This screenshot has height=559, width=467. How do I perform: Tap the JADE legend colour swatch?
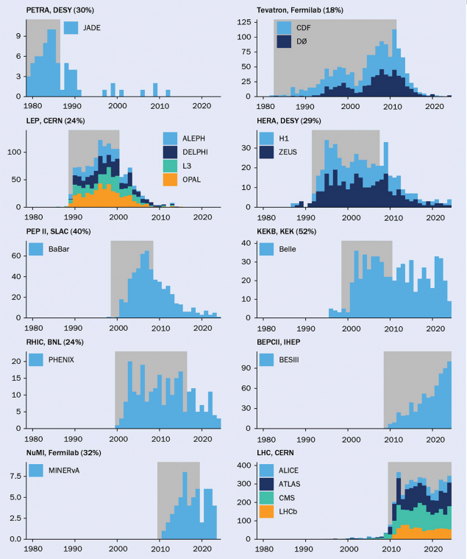71,28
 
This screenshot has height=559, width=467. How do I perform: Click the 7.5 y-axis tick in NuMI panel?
17,476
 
